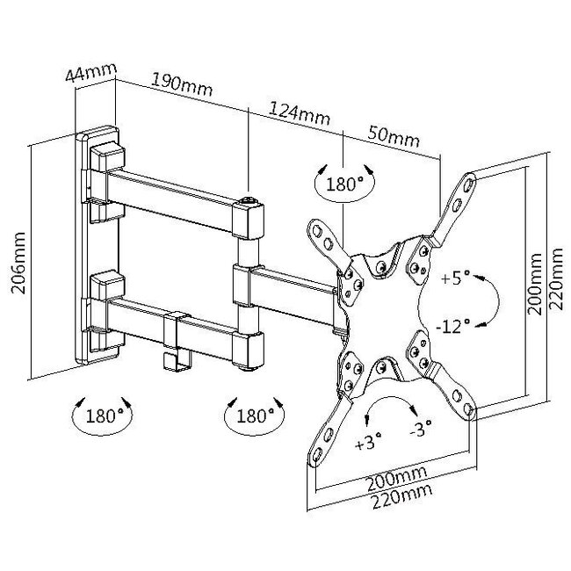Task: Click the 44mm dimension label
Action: coord(91,72)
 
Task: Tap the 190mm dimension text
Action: coord(181,84)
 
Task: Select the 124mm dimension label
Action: coord(300,113)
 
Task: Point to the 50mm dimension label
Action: coord(394,135)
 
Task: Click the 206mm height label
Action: coord(18,263)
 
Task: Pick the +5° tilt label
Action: coord(456,278)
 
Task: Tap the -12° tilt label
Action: coord(453,326)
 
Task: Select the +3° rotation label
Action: coord(368,441)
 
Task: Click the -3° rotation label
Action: coord(421,429)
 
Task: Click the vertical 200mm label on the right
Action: coord(535,284)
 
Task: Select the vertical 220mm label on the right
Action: coord(556,278)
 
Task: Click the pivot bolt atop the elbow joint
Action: coord(249,200)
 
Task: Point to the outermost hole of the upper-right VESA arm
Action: coord(468,184)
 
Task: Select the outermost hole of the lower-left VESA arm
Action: coord(317,454)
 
